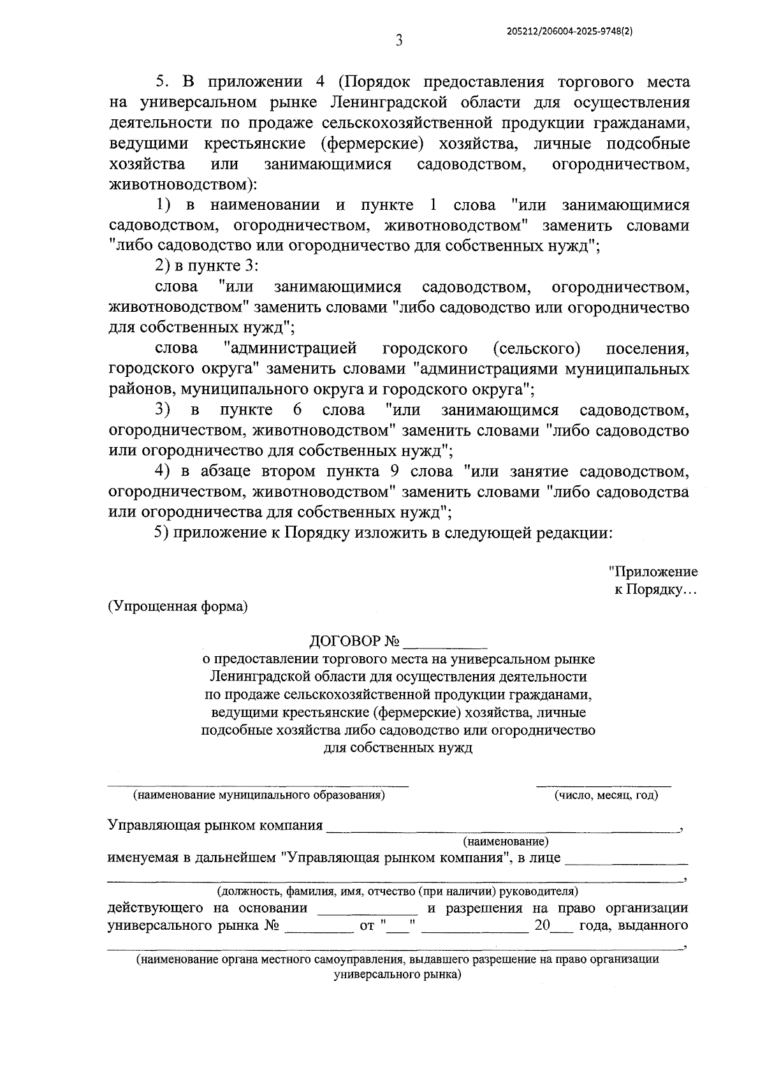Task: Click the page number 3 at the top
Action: point(398,41)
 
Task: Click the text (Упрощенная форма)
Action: point(178,606)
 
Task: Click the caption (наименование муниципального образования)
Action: point(258,795)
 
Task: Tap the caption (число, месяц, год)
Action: point(606,795)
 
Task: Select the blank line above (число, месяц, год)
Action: point(603,784)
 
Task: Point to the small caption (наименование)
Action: point(506,842)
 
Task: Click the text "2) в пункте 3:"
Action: point(206,267)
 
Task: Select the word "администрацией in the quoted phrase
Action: point(290,349)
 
